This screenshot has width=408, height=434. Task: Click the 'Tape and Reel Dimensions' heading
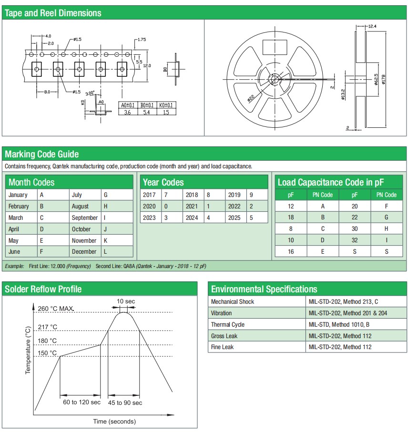tap(53, 13)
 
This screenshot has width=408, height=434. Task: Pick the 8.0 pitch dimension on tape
tap(48, 91)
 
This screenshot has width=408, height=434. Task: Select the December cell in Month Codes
tap(84, 251)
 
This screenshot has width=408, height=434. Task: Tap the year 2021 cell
tap(191, 206)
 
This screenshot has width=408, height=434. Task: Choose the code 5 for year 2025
tap(251, 217)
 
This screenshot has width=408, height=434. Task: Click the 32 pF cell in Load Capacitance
tap(355, 240)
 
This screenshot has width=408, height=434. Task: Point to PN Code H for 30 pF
tap(387, 228)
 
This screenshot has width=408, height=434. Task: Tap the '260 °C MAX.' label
tap(56, 309)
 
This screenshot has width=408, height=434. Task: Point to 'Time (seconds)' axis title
tap(114, 421)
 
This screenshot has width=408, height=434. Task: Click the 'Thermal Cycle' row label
tap(228, 324)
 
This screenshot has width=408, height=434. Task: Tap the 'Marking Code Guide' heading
tap(42, 154)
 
